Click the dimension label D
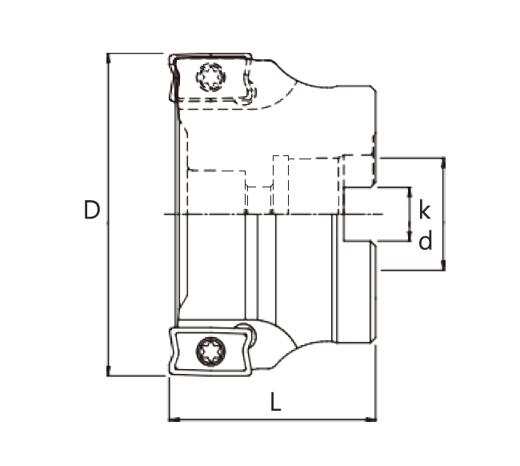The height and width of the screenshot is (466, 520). coord(92,210)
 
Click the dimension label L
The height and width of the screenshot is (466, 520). coord(275,402)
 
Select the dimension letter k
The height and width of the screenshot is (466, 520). coord(424,209)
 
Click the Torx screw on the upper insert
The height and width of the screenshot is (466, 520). coord(211,77)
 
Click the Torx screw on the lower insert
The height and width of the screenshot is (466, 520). coord(211,352)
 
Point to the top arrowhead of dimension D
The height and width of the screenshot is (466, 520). coord(108,58)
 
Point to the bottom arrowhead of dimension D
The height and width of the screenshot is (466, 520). coord(108,371)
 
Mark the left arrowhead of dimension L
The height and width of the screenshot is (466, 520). coord(174,420)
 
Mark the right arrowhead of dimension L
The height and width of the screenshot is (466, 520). coord(371,420)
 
